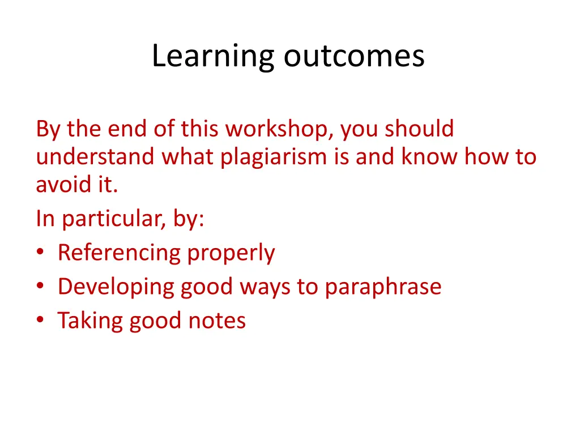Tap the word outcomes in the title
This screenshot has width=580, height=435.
click(354, 57)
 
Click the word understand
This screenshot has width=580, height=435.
click(95, 157)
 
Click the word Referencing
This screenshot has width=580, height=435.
click(120, 253)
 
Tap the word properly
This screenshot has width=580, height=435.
click(231, 253)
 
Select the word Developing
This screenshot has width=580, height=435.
click(116, 287)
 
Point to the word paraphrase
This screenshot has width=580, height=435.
click(383, 287)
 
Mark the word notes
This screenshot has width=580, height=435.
click(217, 321)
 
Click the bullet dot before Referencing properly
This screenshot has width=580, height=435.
click(40, 253)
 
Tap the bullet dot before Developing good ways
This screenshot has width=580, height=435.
click(40, 287)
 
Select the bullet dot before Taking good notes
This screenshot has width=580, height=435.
click(40, 321)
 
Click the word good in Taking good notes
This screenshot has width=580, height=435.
click(156, 321)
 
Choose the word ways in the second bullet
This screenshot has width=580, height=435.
click(265, 287)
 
